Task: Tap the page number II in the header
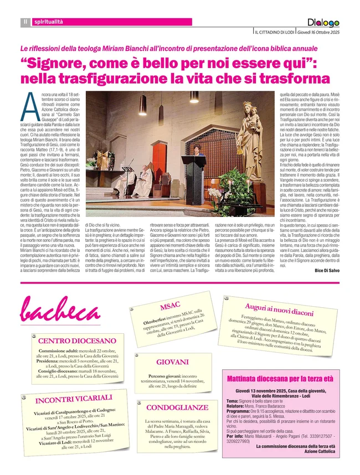[25, 22]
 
